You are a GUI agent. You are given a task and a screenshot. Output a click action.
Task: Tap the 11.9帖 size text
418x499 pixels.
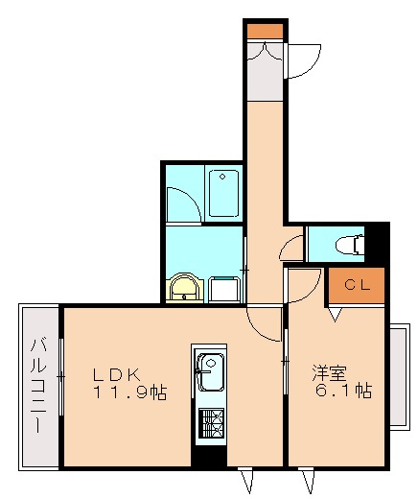129,392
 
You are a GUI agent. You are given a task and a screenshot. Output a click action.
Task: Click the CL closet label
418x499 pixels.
357,284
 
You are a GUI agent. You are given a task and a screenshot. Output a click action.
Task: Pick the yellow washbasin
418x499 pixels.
182,287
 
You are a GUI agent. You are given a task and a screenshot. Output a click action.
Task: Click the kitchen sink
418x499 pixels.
210,369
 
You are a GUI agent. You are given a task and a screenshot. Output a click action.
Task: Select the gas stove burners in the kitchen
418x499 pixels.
210,422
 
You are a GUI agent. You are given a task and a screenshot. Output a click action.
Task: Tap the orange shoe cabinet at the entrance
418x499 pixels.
265,30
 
